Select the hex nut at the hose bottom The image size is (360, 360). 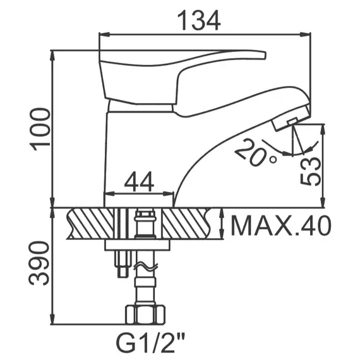(147, 313)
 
